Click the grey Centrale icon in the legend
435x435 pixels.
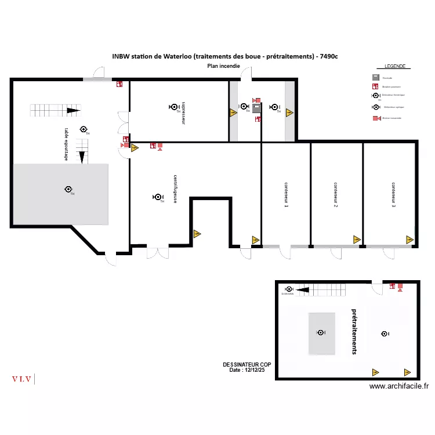tap(376, 78)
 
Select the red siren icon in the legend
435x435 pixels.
tap(375, 118)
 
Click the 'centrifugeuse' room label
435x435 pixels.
tap(175, 189)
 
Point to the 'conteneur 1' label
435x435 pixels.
tap(286, 194)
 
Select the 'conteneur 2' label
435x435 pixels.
tap(336, 194)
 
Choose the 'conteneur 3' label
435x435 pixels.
tap(393, 194)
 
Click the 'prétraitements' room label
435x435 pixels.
tap(354, 331)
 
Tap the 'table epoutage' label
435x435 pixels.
tap(67, 145)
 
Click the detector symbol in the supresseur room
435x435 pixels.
tap(173, 107)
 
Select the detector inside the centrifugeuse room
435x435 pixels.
tap(157, 197)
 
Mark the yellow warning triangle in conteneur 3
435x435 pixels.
tap(409, 239)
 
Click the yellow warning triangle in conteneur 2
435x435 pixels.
tap(356, 239)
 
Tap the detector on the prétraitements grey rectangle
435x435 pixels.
tap(320, 332)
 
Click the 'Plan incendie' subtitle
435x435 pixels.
tap(224, 66)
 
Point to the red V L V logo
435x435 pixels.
tap(23, 379)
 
